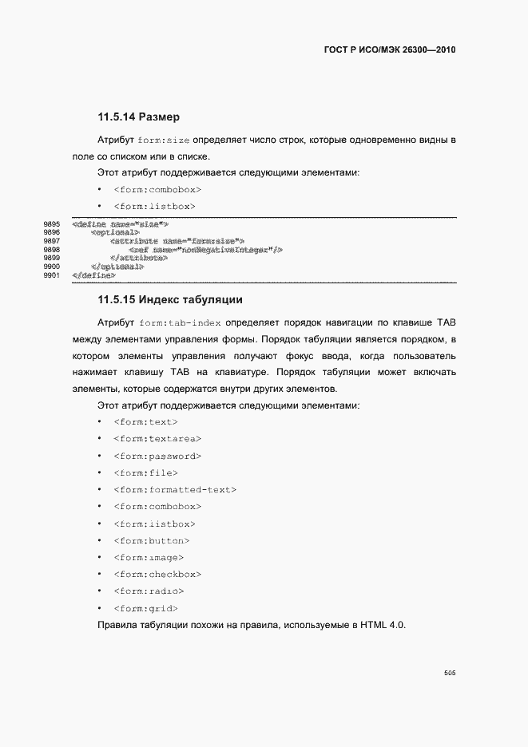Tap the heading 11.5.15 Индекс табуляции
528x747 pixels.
169,301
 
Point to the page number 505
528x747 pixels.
449,673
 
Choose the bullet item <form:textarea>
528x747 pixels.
157,439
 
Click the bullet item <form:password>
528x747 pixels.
157,457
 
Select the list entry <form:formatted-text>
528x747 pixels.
175,490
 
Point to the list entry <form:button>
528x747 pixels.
154,541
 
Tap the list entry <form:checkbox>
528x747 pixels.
157,575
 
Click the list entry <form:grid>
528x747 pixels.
145,609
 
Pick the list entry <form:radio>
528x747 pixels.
149,591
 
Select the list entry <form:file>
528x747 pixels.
145,473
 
